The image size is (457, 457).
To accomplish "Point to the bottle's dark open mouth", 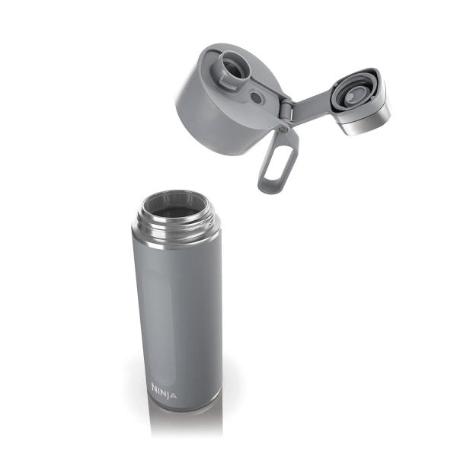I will click(x=174, y=204).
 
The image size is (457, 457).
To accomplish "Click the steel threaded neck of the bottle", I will click(x=175, y=220).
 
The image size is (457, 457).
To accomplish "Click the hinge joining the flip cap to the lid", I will click(x=285, y=110).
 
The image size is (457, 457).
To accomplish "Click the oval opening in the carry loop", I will click(x=277, y=163).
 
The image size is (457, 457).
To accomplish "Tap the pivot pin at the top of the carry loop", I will click(x=284, y=129).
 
